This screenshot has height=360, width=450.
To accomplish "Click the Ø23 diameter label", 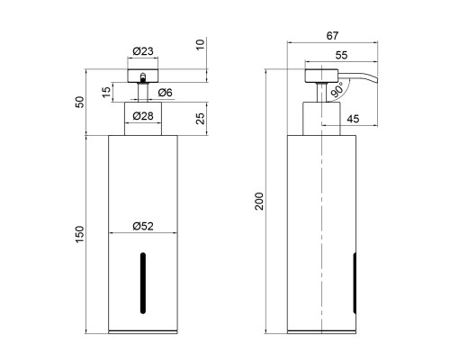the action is [143, 51].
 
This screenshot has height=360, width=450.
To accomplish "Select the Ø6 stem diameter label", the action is [166, 93].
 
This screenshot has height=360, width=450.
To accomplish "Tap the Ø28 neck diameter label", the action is [143, 116].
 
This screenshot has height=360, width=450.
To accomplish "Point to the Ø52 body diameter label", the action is [143, 226].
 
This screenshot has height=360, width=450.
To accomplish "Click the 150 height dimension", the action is [80, 234].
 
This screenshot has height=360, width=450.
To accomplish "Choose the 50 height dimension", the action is [80, 102].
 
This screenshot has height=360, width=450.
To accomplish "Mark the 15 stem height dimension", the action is [106, 92].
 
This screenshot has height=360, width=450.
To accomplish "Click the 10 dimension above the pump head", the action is [201, 45].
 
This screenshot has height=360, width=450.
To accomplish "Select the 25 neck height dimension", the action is [201, 119].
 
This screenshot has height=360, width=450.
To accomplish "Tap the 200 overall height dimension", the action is [259, 202].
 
